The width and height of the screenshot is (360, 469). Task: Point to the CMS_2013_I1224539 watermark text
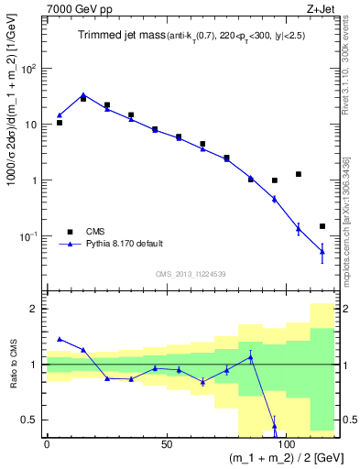click(191, 273)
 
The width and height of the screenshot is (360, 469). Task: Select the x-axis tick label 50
click(166, 443)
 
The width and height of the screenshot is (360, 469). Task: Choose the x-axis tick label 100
click(286, 443)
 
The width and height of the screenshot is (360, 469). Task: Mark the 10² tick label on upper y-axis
click(28, 69)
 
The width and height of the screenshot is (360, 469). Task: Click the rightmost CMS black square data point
click(322, 226)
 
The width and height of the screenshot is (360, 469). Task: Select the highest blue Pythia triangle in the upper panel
click(83, 95)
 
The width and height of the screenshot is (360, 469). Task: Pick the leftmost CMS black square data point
click(60, 122)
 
